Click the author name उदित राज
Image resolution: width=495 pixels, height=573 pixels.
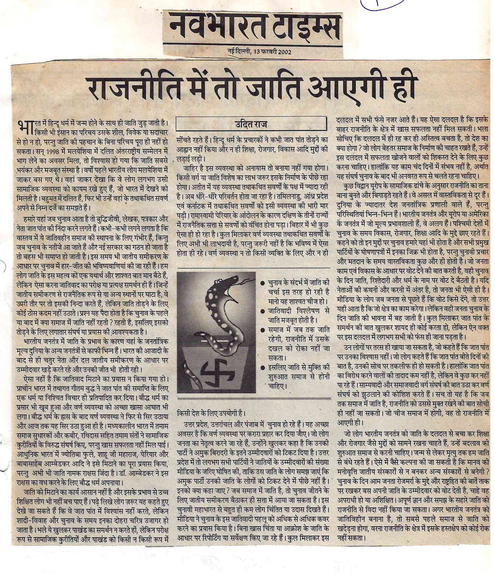click(251, 124)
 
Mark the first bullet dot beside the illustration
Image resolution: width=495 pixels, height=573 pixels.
click(263, 283)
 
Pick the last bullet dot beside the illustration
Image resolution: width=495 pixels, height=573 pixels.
click(263, 366)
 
